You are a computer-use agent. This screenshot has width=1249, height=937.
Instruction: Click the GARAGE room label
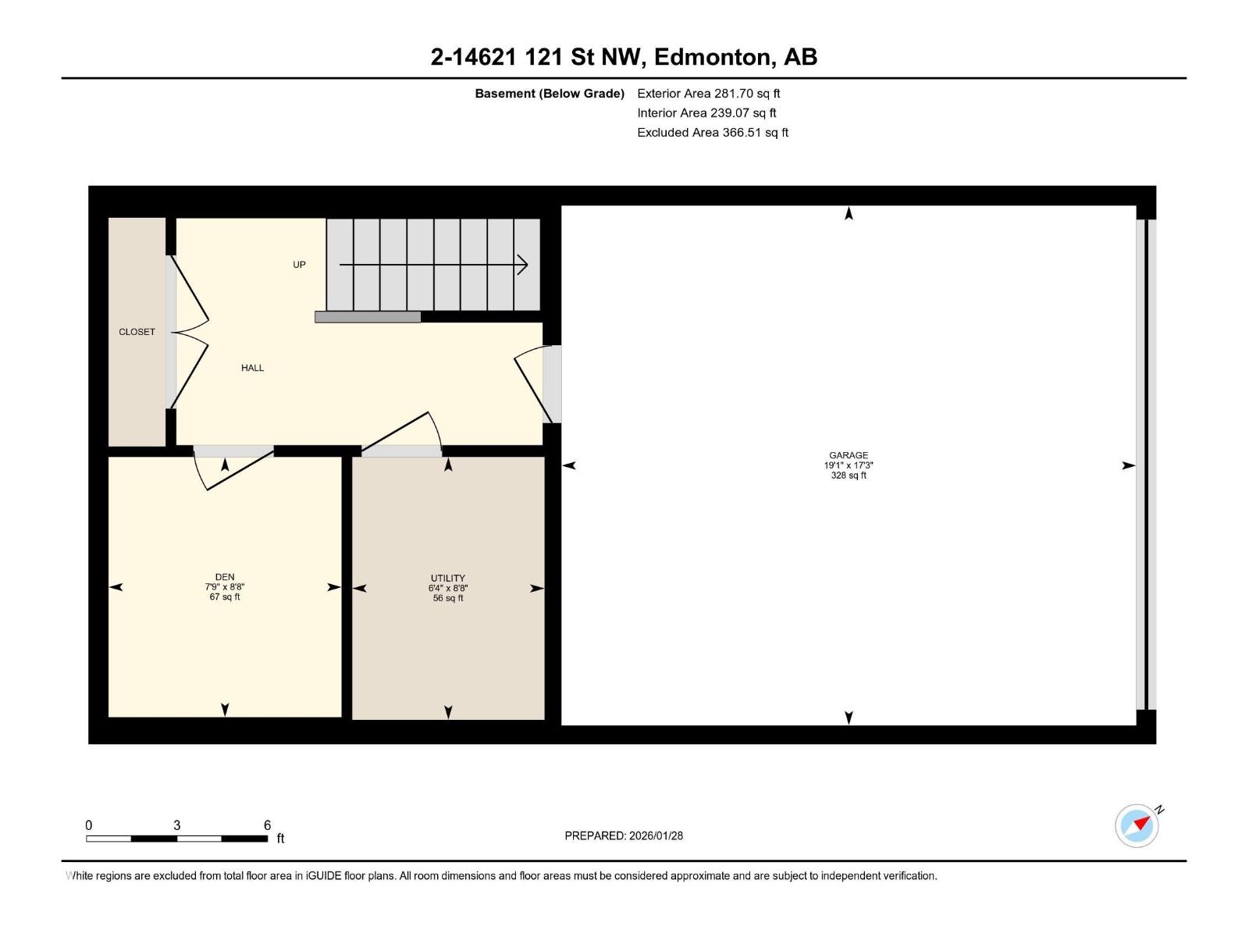848,455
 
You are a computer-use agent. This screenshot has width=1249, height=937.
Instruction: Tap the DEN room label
225,577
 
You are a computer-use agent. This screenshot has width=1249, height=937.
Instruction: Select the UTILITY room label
448,578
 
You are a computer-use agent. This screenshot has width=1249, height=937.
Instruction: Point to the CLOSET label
137,332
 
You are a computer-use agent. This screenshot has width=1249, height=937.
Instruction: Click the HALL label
252,368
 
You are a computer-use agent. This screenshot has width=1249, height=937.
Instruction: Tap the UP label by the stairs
299,265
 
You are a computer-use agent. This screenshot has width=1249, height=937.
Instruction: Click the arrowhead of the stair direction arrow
522,265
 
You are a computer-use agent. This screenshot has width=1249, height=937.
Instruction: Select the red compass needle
1141,823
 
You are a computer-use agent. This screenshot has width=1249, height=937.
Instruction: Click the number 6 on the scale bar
267,825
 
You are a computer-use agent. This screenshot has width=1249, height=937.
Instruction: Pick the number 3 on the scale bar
177,825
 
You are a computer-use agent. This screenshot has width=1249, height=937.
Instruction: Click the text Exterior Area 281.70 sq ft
709,93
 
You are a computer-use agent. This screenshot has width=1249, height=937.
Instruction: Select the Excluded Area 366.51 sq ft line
713,133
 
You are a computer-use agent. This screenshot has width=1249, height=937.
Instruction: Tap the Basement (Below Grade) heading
550,93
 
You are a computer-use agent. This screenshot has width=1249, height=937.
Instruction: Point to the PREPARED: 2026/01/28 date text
624,835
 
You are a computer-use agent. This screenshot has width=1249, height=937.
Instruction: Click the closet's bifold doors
188,333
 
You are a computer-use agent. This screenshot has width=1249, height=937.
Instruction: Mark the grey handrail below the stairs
368,317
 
